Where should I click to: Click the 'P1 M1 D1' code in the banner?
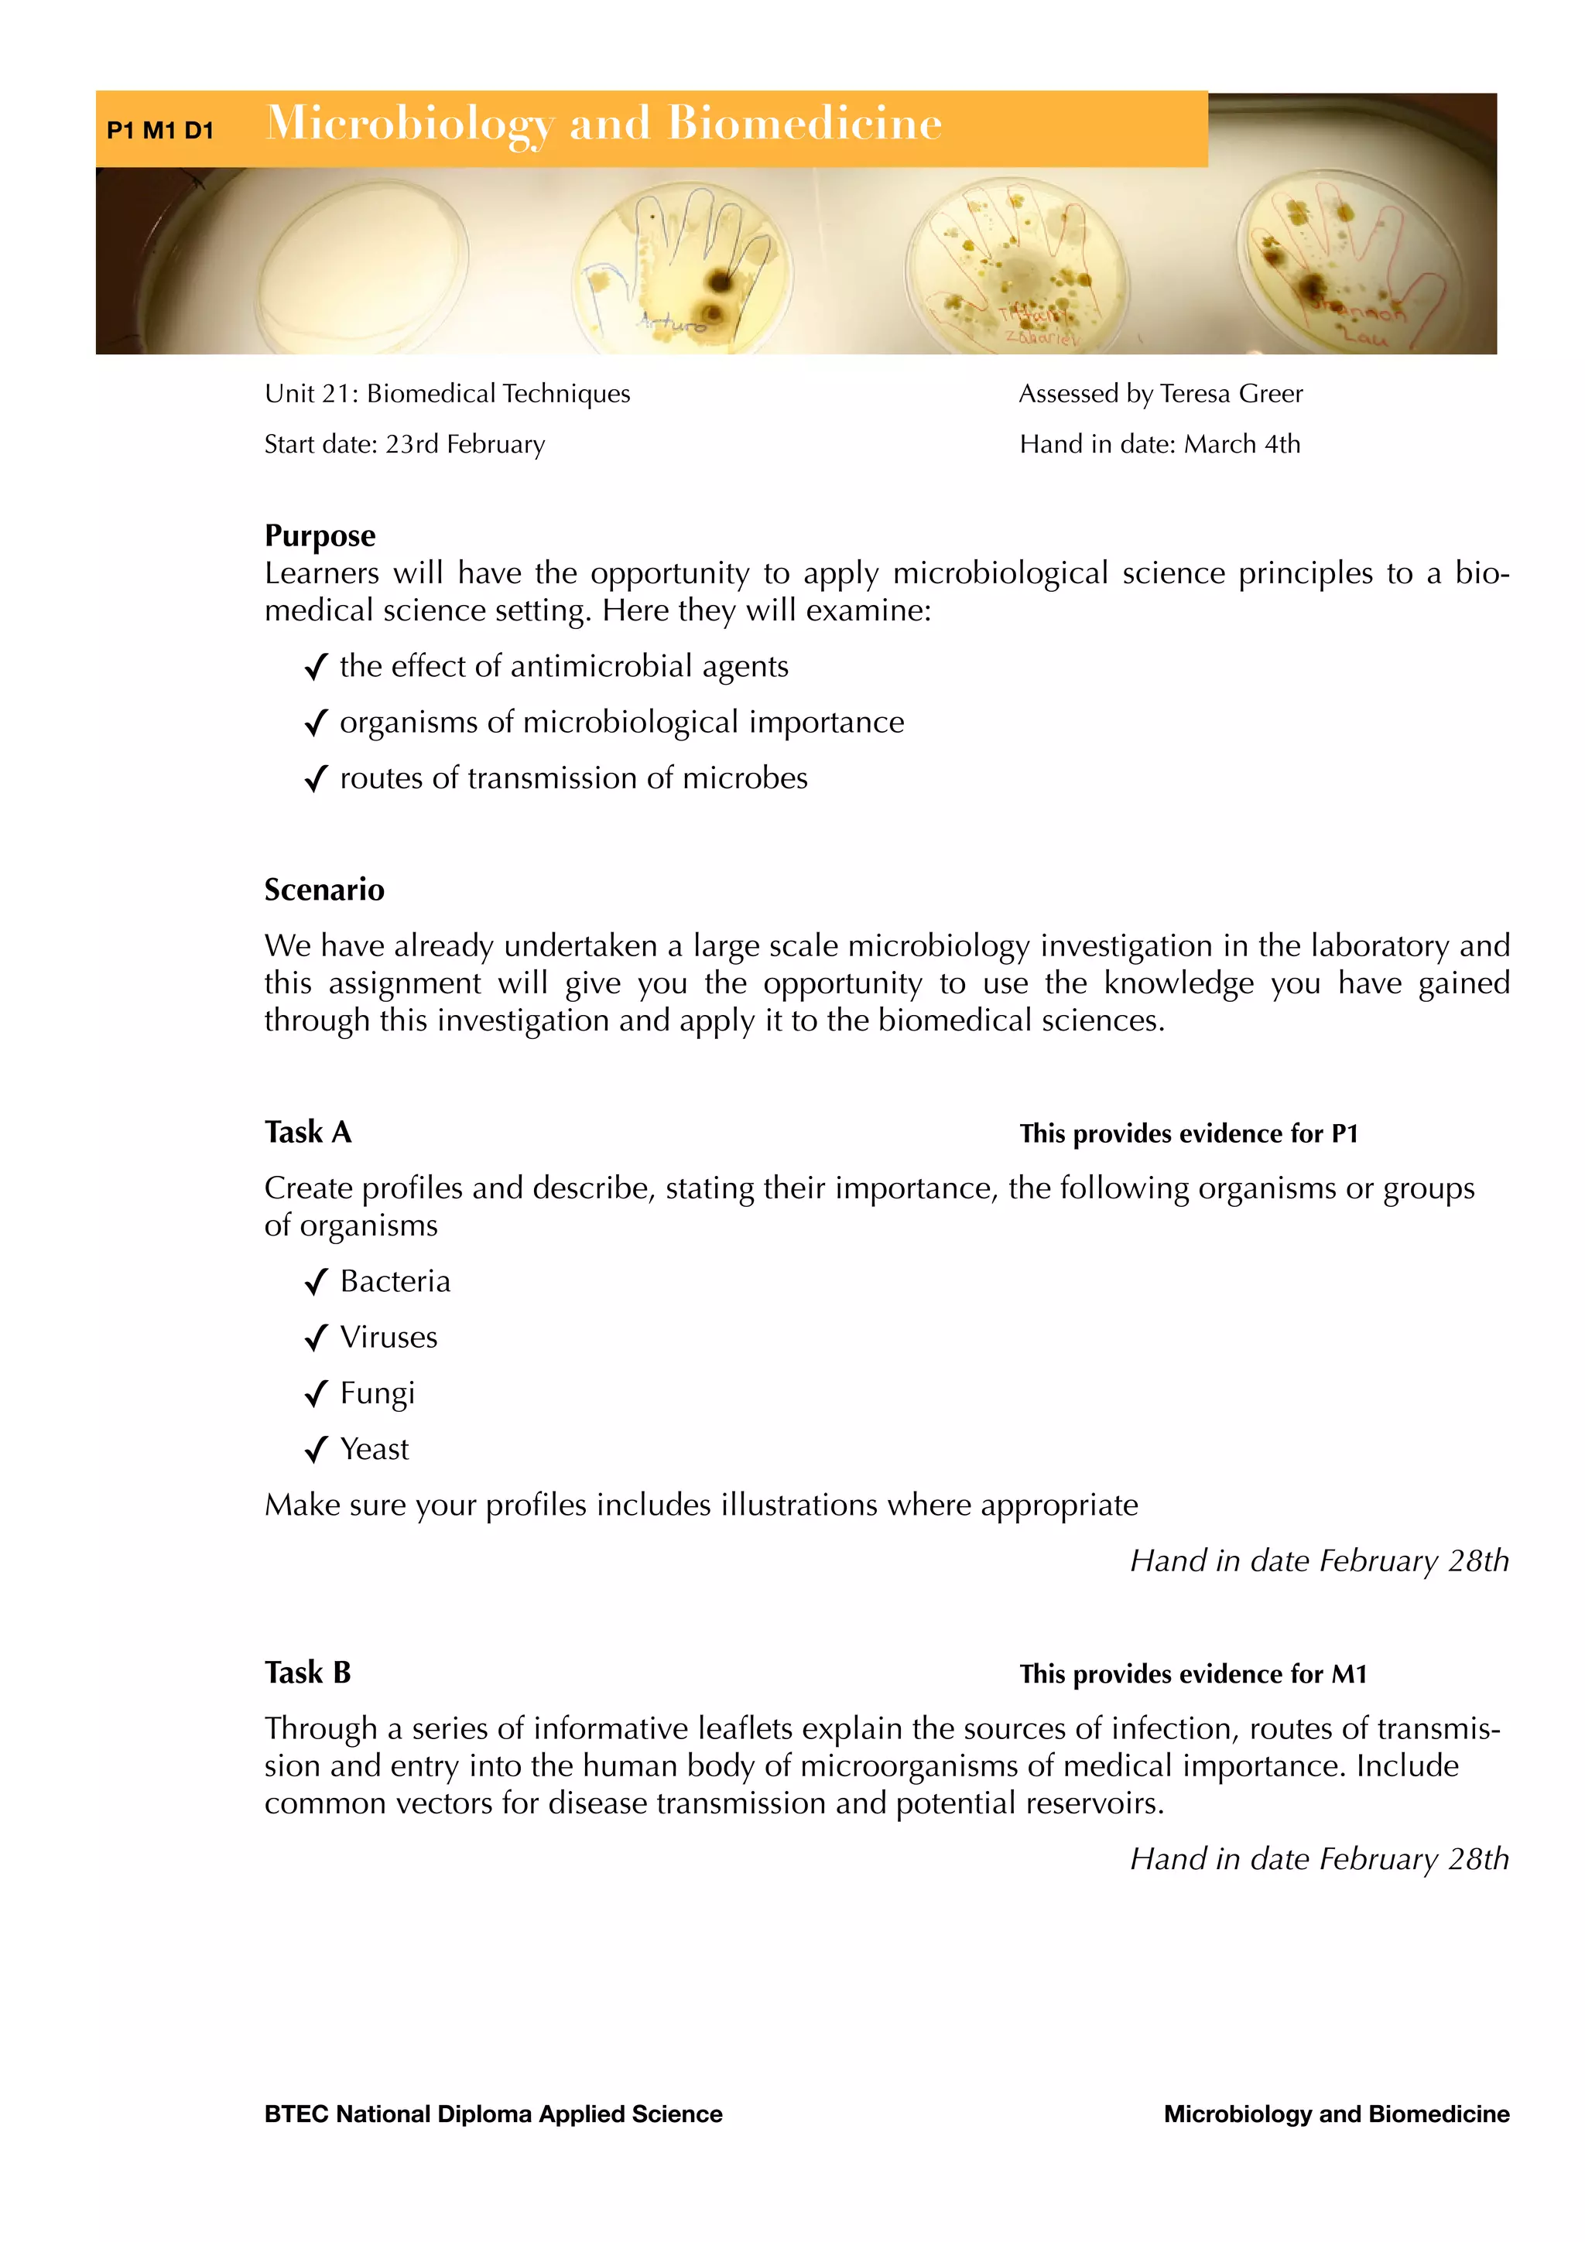coord(160,130)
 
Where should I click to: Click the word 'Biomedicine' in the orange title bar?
coord(805,123)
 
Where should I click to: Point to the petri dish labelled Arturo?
coord(683,268)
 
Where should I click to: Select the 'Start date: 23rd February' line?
coord(404,444)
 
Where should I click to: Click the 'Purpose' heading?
coord(320,535)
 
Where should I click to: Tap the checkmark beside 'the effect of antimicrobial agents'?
coord(314,667)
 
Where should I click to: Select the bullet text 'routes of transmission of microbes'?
coord(573,778)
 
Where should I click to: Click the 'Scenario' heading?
coord(324,890)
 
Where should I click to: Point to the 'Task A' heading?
coord(307,1132)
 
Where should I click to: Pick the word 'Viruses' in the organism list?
coord(389,1337)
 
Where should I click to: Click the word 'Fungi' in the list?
coord(377,1393)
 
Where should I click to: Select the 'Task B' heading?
coord(307,1672)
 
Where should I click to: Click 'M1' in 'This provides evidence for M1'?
coord(1349,1673)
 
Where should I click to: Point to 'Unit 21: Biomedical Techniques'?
coord(447,394)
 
